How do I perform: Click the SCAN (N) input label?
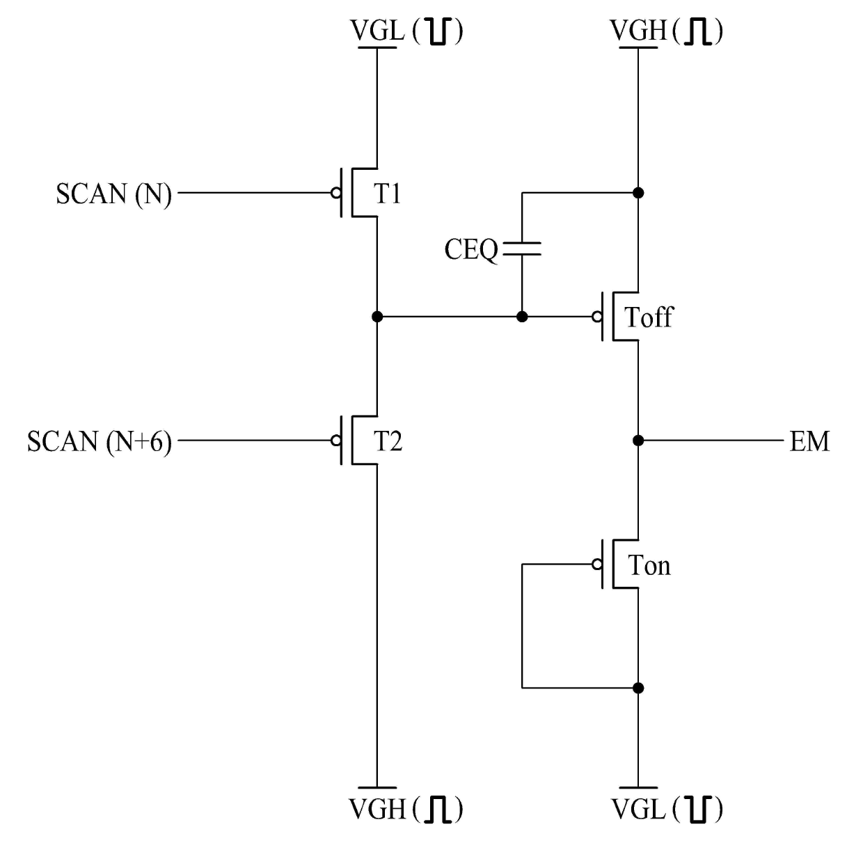pos(113,194)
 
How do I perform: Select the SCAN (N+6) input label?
pos(100,442)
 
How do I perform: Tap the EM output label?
pos(809,441)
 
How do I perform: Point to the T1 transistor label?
pos(387,194)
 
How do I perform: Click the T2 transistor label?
pos(388,441)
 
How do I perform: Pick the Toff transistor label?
pos(649,317)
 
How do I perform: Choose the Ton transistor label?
pos(649,565)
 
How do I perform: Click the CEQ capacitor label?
pos(470,250)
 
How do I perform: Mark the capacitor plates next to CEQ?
pos(522,248)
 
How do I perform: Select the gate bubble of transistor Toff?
pos(597,317)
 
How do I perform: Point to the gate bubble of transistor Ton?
pos(597,564)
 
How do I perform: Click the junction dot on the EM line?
pos(638,441)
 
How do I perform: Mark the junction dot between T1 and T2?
pos(377,317)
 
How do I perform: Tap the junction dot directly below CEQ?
pos(522,317)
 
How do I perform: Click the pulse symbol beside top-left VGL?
pos(438,32)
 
